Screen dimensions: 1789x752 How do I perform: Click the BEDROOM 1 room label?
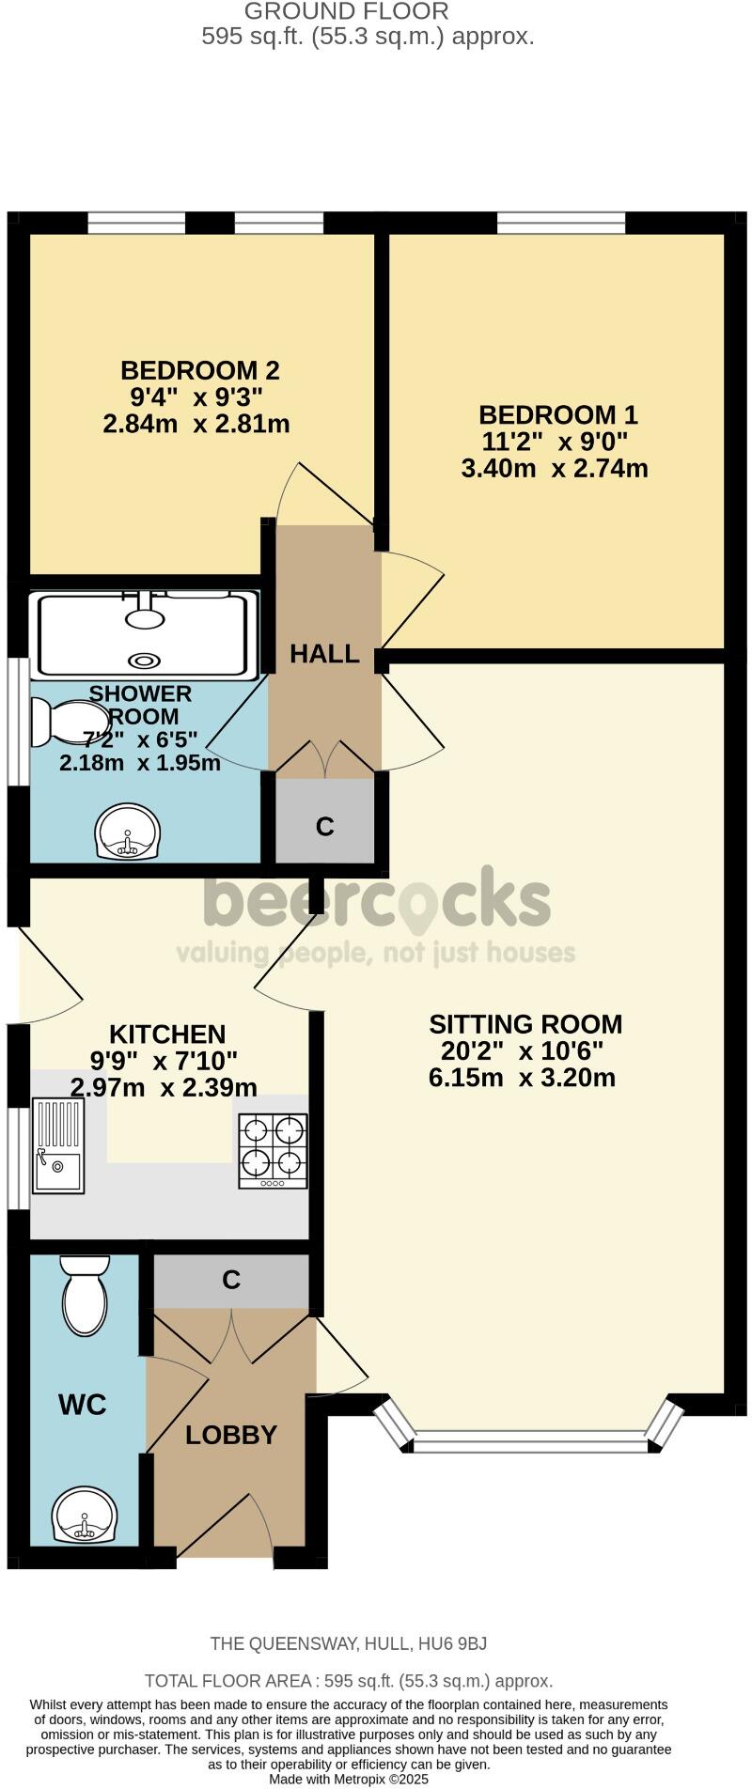pos(557,414)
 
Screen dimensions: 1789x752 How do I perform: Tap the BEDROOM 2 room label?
pos(199,369)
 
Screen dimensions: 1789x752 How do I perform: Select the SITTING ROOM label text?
pos(525,1023)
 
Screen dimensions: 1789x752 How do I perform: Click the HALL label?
pos(324,654)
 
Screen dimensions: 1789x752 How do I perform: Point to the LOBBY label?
pos(231,1435)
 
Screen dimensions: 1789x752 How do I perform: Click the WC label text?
pos(83,1405)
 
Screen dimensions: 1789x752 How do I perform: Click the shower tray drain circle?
pos(145,660)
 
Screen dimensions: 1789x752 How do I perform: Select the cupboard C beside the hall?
pos(325,825)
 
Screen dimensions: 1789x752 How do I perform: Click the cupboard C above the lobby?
pos(231,1280)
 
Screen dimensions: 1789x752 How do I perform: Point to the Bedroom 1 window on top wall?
pos(561,223)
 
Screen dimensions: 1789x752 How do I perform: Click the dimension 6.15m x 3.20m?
pos(522,1078)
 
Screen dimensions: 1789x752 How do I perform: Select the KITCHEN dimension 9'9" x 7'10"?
pos(164,1061)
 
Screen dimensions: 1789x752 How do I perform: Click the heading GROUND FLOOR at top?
pos(347,11)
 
